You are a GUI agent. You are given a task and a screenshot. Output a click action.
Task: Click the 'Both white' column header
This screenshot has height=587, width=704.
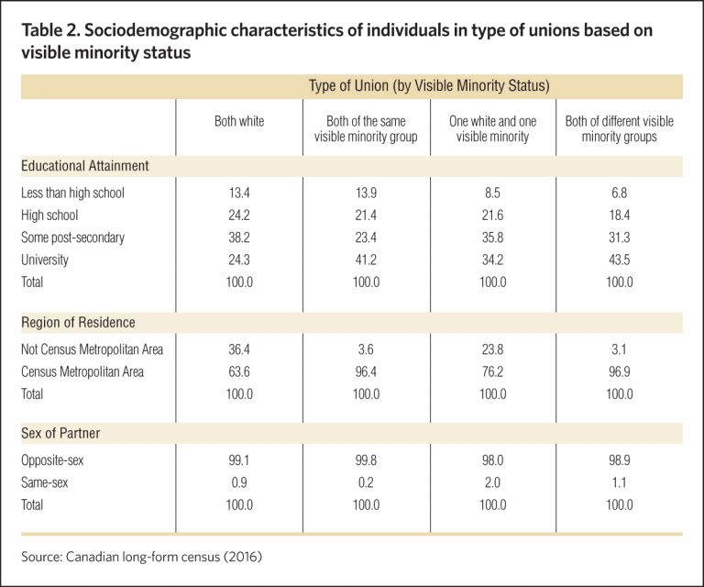coord(239,121)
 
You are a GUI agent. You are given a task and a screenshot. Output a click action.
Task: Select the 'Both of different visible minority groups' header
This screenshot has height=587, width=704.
coord(619,129)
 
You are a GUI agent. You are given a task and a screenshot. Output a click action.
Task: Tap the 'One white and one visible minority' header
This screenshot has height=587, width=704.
coord(492,129)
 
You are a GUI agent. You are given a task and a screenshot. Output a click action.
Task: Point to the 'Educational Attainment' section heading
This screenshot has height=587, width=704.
coord(85,166)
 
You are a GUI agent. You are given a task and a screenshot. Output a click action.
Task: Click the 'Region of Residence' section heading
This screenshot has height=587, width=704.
coord(78,323)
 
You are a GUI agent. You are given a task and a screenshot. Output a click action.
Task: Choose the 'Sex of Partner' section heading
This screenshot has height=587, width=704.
coord(60,433)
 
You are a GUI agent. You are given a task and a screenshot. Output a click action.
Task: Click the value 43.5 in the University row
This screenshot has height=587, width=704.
coord(619,260)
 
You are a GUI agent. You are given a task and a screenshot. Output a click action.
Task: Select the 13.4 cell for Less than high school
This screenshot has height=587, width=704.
coord(239,193)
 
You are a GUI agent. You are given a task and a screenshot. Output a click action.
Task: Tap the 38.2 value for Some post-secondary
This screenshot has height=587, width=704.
coord(239,238)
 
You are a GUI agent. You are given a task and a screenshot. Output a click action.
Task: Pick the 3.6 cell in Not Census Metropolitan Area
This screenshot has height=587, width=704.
coord(366,349)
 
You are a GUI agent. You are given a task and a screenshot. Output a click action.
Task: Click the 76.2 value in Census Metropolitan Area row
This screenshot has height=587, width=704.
coord(492,371)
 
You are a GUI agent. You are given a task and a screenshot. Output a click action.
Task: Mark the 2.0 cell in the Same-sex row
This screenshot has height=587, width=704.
coord(492,482)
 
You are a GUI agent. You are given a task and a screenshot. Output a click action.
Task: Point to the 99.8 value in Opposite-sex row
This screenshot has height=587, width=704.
coord(366,460)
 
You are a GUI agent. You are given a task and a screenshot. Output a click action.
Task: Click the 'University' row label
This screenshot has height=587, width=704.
coord(44,260)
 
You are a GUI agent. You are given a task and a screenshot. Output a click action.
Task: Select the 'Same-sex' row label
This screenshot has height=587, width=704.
coord(44,482)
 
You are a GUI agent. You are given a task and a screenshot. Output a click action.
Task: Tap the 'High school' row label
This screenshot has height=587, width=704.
coord(49,216)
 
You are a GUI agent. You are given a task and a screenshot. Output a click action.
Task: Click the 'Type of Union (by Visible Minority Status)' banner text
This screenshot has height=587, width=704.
coord(429,85)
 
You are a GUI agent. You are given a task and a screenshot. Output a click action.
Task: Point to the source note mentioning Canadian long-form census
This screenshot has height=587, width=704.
coord(141,557)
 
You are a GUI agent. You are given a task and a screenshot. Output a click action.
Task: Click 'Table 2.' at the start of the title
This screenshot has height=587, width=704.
coord(50,30)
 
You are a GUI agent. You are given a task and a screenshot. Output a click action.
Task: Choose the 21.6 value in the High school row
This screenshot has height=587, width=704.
coord(492,216)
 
